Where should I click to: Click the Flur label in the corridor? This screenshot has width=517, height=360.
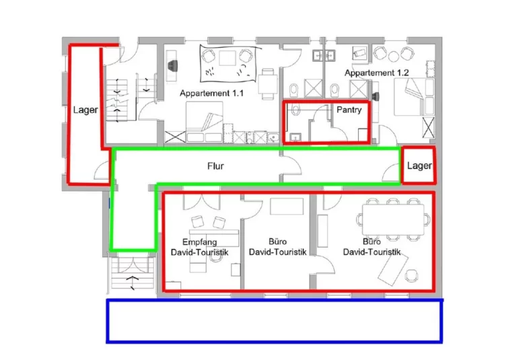tap(215, 166)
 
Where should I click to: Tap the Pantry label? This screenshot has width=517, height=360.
tap(349, 110)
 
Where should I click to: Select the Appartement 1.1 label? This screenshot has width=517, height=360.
tap(211, 94)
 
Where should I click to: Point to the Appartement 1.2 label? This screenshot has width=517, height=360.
tap(376, 73)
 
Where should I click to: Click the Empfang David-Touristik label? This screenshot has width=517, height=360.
tap(199, 247)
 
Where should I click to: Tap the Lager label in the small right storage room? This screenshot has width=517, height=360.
tap(419, 166)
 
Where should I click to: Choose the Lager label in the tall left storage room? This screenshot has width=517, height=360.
tap(85, 110)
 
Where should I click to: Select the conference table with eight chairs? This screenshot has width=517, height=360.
tap(393, 219)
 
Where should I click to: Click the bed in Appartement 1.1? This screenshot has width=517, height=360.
tap(205, 122)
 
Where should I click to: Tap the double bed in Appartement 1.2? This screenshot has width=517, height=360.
tap(414, 97)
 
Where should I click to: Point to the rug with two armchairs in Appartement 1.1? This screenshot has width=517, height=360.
tap(228, 63)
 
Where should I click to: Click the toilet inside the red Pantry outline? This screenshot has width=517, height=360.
tap(296, 109)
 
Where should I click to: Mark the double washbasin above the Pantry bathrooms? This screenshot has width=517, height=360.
tap(324, 55)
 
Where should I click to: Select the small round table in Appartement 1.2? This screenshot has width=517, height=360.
tap(394, 57)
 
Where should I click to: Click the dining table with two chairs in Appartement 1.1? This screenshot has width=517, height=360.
tap(268, 84)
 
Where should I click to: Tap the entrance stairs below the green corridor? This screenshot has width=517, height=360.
tap(133, 274)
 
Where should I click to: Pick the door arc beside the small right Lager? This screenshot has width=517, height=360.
tap(391, 172)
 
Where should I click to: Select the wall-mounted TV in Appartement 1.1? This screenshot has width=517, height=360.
tap(172, 66)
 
